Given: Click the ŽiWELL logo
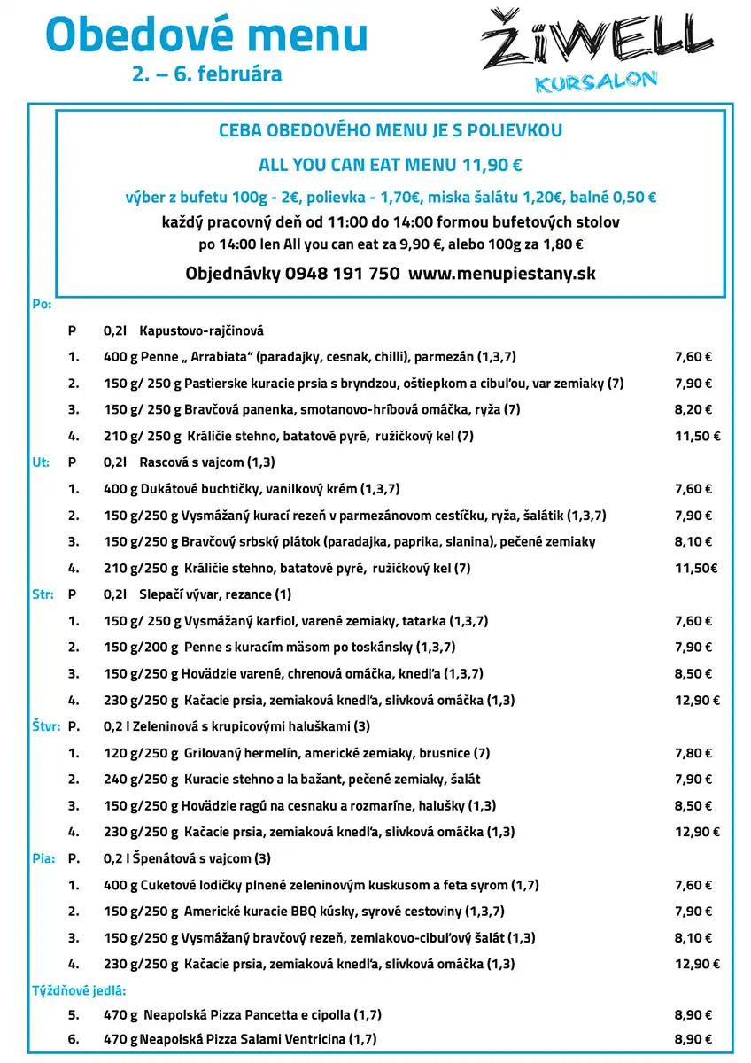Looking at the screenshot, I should coord(596,41).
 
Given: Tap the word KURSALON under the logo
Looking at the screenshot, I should coord(596,82).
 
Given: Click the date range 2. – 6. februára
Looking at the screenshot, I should coord(207,74).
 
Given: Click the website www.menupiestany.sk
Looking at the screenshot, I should coord(502,274).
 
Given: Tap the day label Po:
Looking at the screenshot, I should coord(42,304).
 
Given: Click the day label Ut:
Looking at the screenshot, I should coord(41,462).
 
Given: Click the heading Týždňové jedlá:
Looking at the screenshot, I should coord(79,990).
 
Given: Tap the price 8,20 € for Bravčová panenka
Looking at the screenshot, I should coord(693,410).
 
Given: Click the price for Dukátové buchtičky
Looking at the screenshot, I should coord(693,489).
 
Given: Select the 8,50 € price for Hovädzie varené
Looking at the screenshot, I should coord(693,674).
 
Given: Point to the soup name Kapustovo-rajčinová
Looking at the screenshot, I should coord(201,330).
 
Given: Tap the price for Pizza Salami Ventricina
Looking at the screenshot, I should coord(693,1040).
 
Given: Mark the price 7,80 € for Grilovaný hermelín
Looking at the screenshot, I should coord(693,753).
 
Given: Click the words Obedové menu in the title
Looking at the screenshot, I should coord(206,35).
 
